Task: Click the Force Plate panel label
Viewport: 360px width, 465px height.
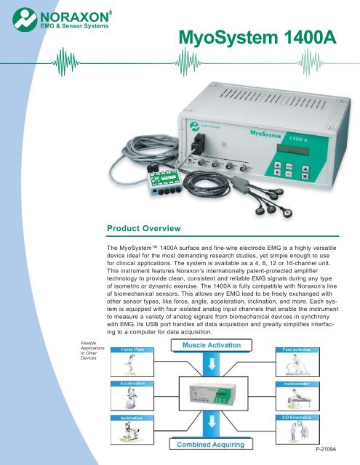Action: (127, 349)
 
